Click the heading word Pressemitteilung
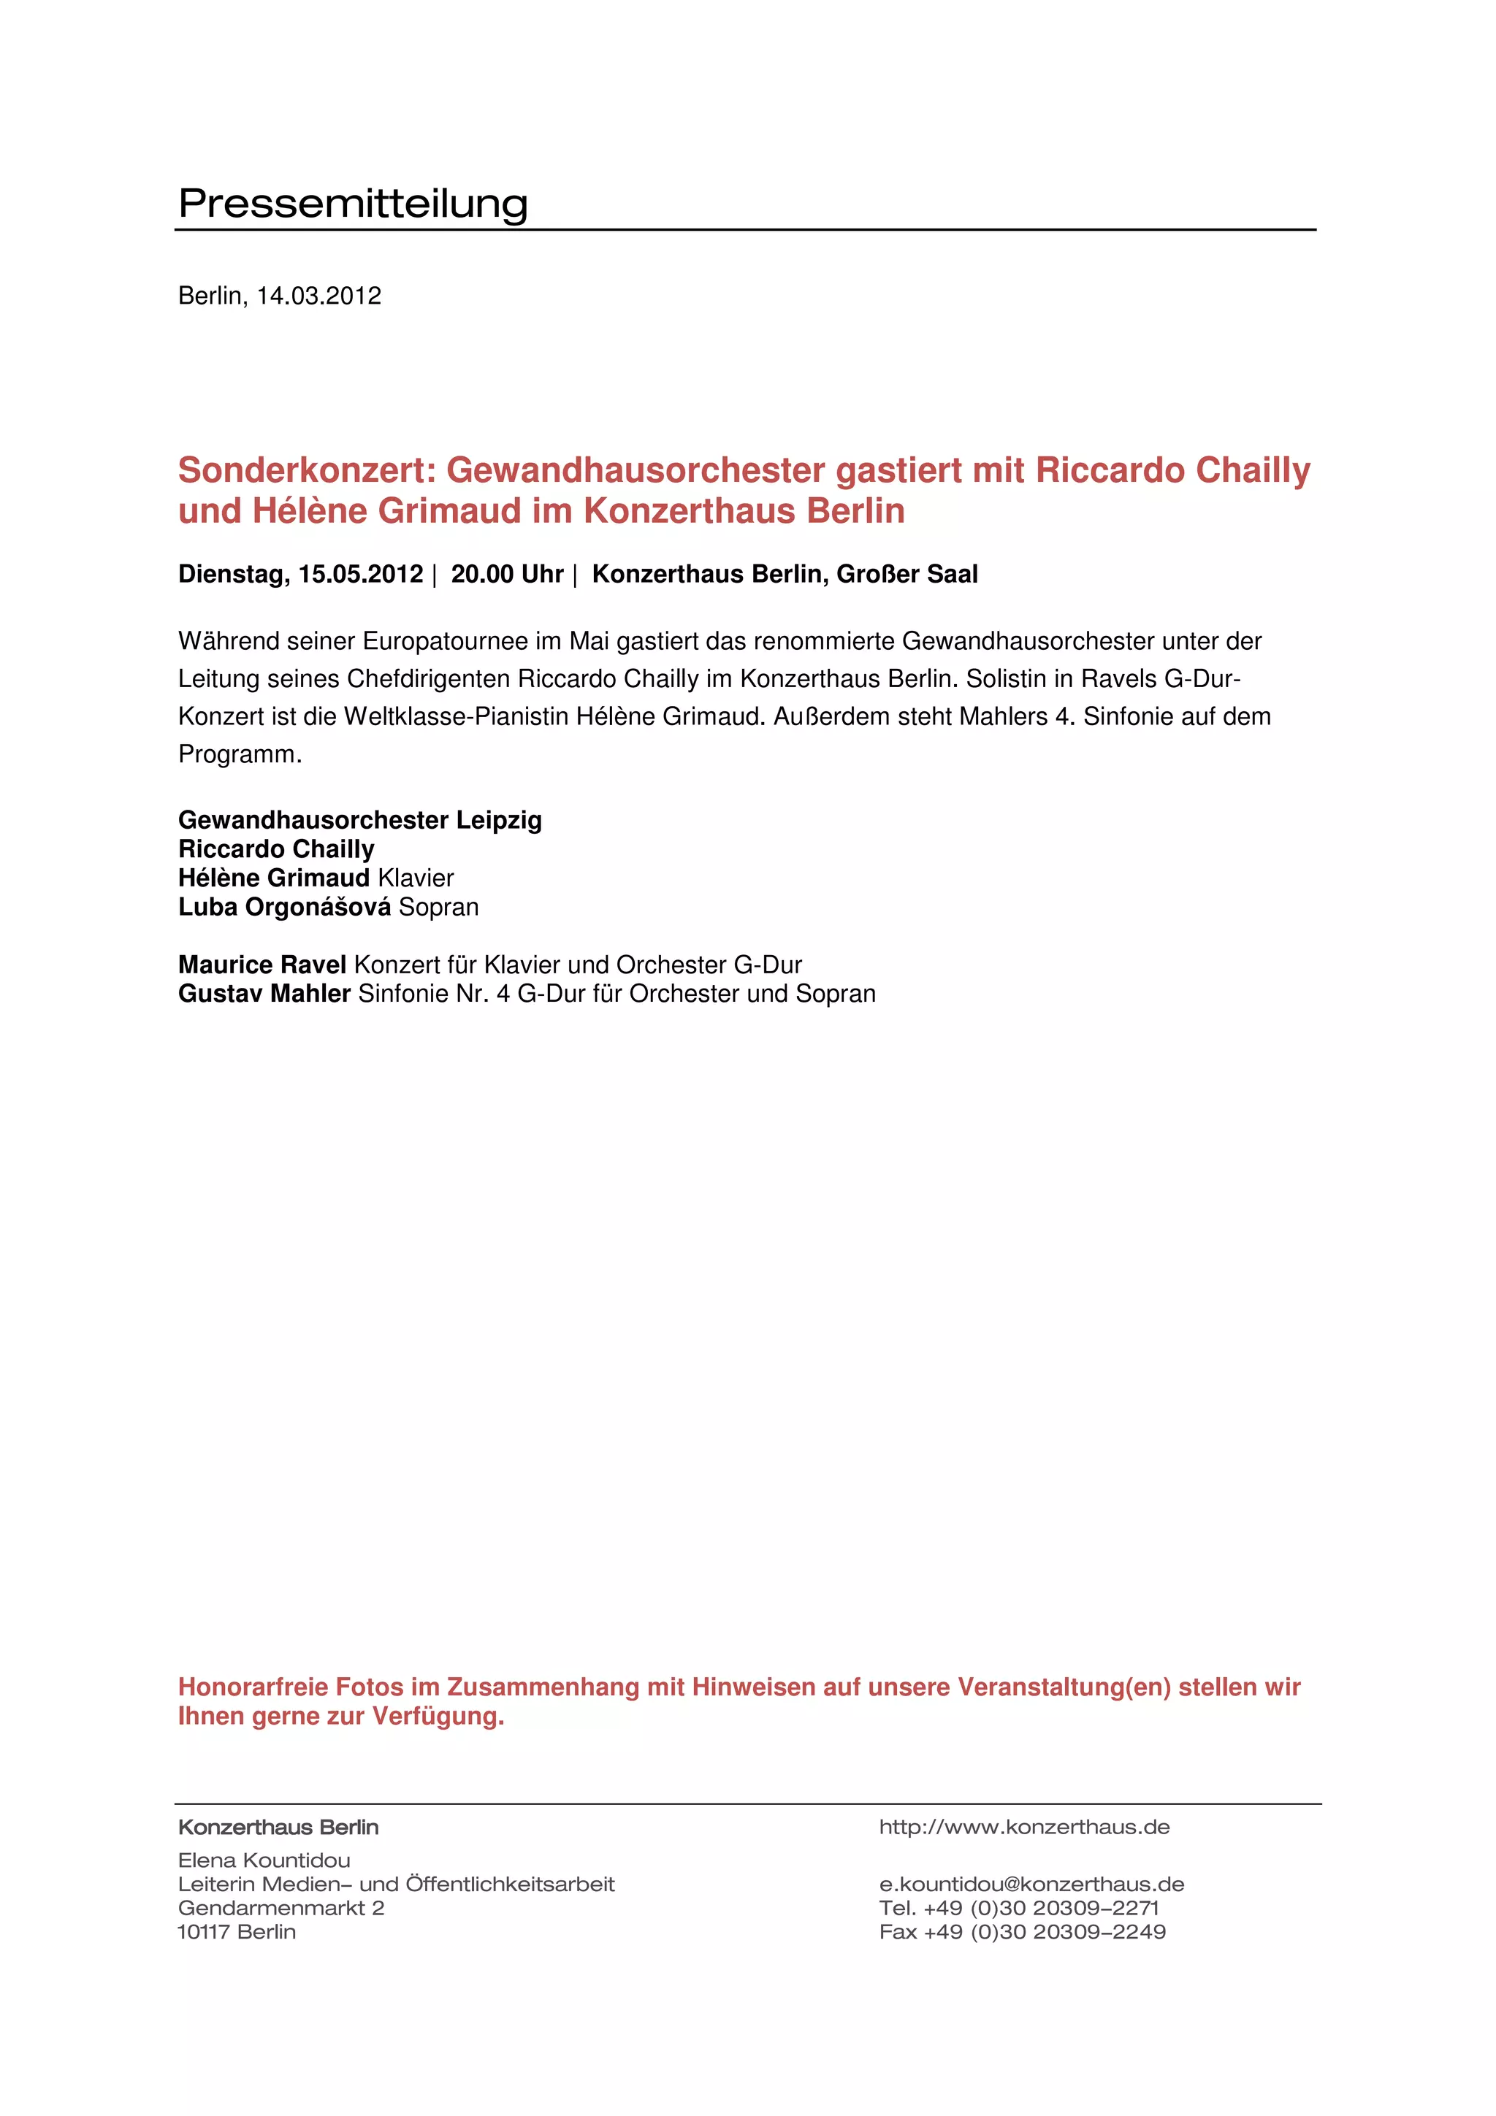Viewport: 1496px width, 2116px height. click(x=353, y=203)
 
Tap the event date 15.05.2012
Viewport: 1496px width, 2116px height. click(x=360, y=574)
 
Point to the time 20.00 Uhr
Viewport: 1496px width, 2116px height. click(x=506, y=574)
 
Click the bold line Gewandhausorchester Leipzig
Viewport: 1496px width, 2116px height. click(x=359, y=819)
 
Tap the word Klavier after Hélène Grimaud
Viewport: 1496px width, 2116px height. click(x=415, y=878)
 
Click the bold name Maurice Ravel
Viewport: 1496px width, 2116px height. click(x=262, y=965)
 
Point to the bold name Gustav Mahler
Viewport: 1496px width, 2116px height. click(x=264, y=994)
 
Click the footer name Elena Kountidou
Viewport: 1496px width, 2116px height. click(x=264, y=1860)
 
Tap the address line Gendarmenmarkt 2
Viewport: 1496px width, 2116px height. click(x=280, y=1908)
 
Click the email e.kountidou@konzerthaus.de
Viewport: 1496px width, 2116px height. click(x=1031, y=1884)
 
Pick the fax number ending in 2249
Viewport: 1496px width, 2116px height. click(x=1022, y=1932)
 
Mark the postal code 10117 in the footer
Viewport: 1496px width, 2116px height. click(x=204, y=1932)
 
